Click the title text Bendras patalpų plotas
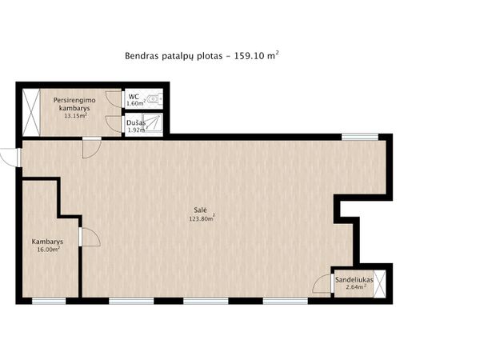pos(174,56)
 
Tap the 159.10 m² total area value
pos(257,55)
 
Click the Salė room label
pos(201,210)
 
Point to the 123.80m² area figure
pos(202,218)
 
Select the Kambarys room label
pos(47,242)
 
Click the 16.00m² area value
pos(48,249)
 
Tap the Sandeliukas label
pos(354,280)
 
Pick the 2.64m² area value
pos(356,287)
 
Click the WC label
pos(134,97)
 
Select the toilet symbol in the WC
pos(154,99)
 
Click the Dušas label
pos(136,123)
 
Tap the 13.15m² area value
pos(75,115)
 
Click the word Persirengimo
pos(74,100)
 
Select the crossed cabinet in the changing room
pos(31,112)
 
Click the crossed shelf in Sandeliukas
pos(379,284)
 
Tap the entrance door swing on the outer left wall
pos(9,158)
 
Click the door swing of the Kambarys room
pos(90,237)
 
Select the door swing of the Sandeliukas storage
pos(322,283)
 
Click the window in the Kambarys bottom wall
pos(49,302)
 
